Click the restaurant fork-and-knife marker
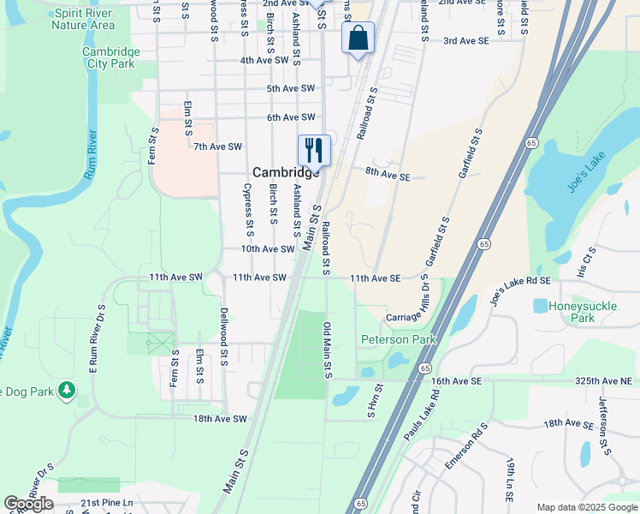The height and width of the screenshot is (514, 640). coord(314,150)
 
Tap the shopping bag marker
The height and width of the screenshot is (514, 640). coord(358,39)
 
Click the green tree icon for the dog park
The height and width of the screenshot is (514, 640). coord(67,391)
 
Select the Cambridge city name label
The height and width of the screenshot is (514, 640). coord(286,171)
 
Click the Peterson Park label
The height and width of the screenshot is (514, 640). coord(398,339)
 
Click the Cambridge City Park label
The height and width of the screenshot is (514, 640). coord(110,57)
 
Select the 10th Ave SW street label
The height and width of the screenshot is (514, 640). coord(267,248)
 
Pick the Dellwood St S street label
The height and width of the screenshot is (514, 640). coord(223,338)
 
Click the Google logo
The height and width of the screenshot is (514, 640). coord(28,504)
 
